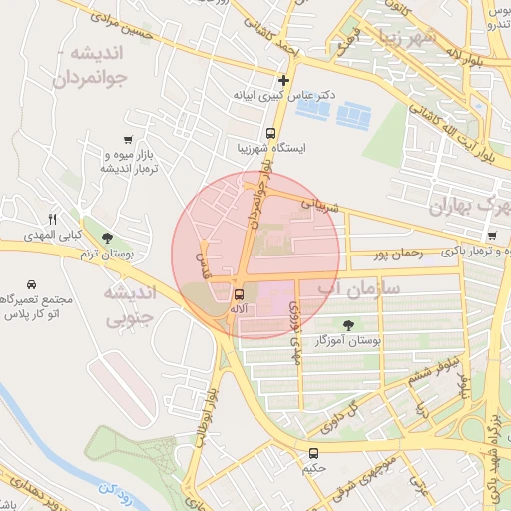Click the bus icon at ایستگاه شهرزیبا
coord(270,133)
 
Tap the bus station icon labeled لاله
coord(239,294)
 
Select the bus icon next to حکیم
coord(314,452)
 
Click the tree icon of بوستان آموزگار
coord(347,325)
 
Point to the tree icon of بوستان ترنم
coord(106,237)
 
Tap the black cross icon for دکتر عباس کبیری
coord(284,80)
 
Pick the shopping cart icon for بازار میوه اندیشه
coord(127,139)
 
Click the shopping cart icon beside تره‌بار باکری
coord(492,236)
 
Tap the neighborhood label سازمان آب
coord(358,288)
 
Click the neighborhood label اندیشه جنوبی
coord(131,307)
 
